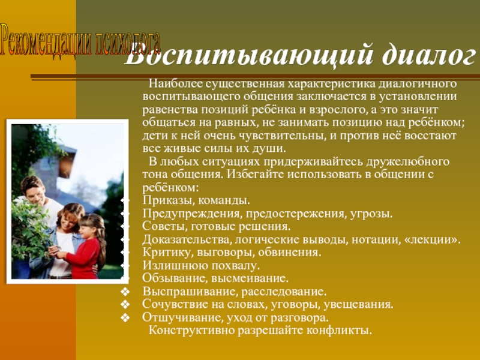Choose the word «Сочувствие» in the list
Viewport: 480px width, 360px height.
pos(172,305)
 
